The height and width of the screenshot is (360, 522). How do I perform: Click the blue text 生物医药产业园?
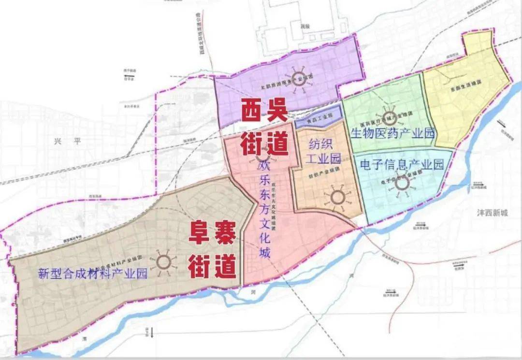coord(392,133)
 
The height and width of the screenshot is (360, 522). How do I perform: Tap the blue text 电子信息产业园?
coord(402,164)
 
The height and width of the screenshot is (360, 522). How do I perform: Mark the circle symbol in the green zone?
coord(386,113)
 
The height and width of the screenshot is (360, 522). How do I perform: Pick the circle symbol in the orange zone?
coord(336,197)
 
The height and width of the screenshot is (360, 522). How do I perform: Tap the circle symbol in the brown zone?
coord(163,262)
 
